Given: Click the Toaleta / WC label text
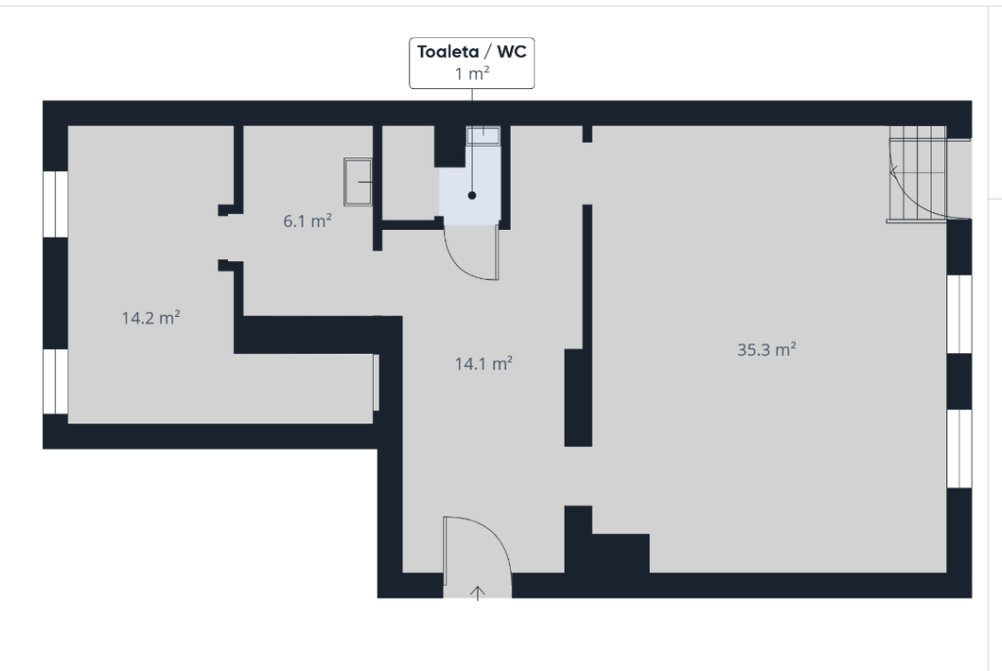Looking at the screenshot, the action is pos(472,52).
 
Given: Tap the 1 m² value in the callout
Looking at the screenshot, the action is pos(472,73).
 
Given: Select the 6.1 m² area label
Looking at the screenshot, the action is pos(307,221).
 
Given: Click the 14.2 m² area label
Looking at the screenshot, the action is pos(151,318).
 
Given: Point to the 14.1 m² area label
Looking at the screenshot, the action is pos(483,364).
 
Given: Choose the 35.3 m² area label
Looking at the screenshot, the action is pos(767,349).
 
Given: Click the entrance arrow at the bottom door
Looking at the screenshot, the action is pos(478,593).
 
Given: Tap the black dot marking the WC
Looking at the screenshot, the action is pos(473,196).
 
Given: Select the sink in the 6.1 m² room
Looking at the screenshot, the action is pos(358,182).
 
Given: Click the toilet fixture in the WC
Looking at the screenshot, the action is pos(483,136).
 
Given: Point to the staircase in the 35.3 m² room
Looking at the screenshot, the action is pos(917,174).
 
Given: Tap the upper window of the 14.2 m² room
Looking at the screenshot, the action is pos(56,203).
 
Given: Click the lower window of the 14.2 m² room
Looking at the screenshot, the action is pos(56,380).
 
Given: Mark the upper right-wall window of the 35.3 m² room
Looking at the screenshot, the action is pos(959,314).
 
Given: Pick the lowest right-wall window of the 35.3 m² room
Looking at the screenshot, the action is pos(959,449).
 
